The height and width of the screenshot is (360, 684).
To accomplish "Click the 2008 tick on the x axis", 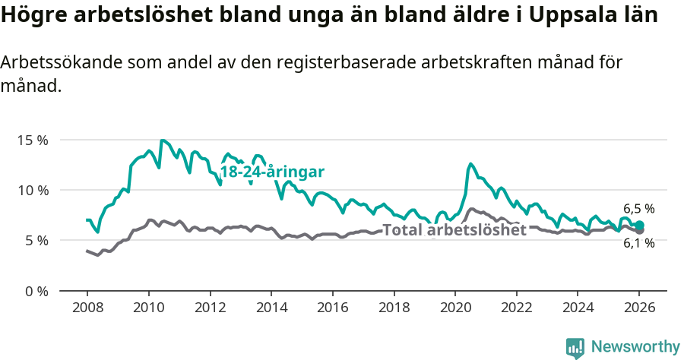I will (87, 308).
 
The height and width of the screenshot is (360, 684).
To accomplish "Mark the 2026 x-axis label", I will (639, 308).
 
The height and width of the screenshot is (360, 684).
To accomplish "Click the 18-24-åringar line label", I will (272, 172).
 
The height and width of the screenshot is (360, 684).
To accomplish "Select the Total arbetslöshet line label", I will (454, 230).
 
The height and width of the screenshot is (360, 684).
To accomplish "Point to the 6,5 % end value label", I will (639, 208).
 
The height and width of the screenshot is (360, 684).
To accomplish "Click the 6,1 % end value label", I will (639, 243).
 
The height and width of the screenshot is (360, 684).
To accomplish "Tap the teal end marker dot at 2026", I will (640, 225).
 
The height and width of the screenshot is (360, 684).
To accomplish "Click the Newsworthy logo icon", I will (575, 347).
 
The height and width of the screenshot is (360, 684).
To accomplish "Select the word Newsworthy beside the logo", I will (635, 347).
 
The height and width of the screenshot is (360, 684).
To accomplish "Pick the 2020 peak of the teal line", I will (470, 163).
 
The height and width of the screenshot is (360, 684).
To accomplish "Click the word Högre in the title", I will (32, 17).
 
